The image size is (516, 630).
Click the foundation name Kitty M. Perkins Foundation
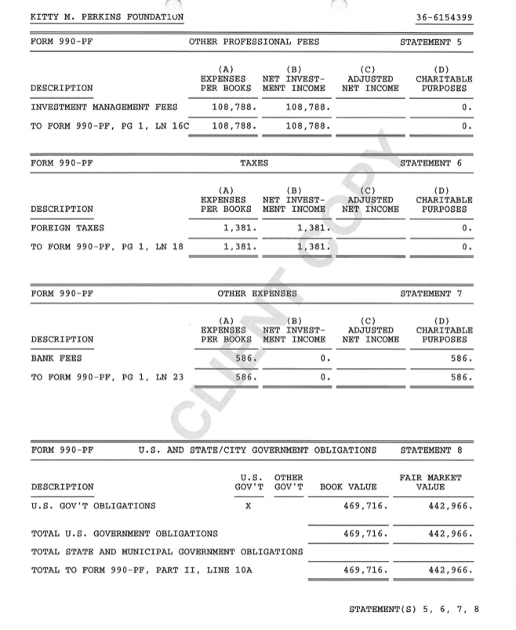click(x=107, y=16)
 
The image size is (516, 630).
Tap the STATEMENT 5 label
click(x=437, y=42)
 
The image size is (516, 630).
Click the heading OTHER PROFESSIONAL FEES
click(x=254, y=42)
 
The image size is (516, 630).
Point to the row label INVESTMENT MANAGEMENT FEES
click(x=104, y=107)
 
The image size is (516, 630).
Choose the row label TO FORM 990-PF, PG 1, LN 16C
click(x=111, y=126)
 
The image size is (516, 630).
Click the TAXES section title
click(x=254, y=163)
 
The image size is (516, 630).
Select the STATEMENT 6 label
click(x=437, y=163)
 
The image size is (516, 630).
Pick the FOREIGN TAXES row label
click(x=67, y=228)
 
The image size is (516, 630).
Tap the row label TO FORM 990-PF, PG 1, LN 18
click(x=107, y=246)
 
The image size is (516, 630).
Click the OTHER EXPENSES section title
click(x=257, y=293)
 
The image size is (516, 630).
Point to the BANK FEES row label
click(x=56, y=359)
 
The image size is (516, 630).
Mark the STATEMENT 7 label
click(x=437, y=293)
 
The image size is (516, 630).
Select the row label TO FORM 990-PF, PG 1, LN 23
click(x=107, y=377)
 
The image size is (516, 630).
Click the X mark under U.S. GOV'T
click(x=248, y=506)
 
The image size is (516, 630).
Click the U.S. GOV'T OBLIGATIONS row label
click(x=93, y=506)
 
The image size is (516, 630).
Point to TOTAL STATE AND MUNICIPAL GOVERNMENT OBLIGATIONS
click(x=167, y=552)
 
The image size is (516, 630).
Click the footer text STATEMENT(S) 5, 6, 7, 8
click(x=414, y=610)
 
